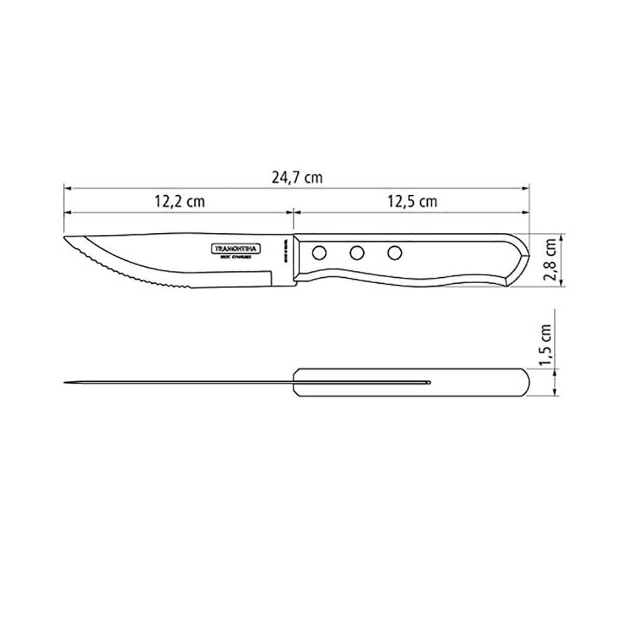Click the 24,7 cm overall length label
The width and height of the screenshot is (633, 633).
(x=297, y=177)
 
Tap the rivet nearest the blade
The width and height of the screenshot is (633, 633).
(x=318, y=253)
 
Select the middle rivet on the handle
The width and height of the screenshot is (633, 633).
(x=358, y=253)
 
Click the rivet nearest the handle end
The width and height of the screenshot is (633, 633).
(x=396, y=253)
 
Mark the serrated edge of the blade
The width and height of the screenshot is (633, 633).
(x=127, y=272)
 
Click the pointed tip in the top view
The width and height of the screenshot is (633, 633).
(x=65, y=382)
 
